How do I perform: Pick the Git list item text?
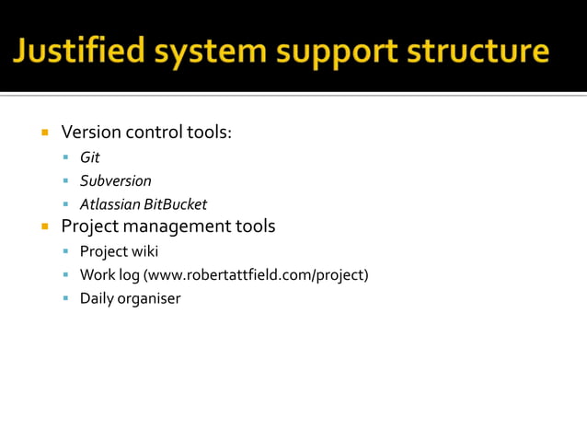pos(89,157)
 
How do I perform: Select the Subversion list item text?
pos(115,180)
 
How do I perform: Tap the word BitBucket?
pos(176,204)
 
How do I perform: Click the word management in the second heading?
pos(180,226)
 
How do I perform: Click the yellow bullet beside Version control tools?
pos(44,133)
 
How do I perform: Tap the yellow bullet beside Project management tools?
pos(44,226)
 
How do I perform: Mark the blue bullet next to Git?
pos(67,157)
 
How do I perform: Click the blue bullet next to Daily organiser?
pos(67,298)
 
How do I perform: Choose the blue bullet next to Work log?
pos(67,274)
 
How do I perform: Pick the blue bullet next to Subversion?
pos(67,181)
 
